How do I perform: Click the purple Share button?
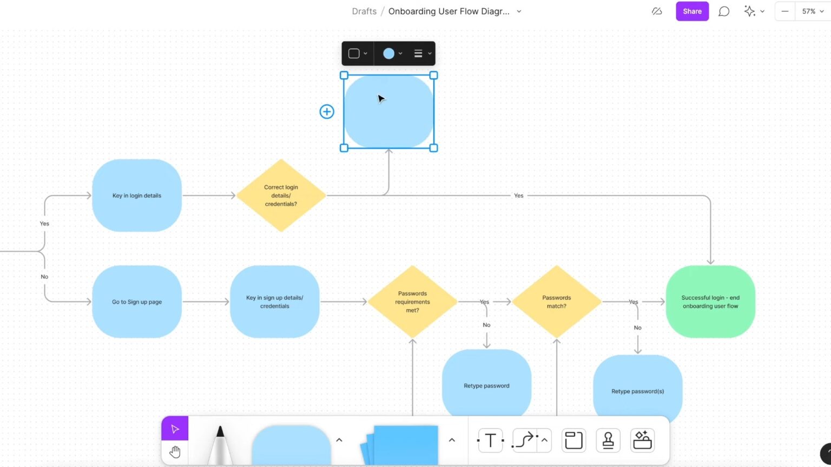(x=692, y=11)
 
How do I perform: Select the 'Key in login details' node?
(x=137, y=196)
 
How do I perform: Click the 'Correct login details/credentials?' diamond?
(x=281, y=196)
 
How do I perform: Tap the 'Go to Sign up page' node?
(x=137, y=302)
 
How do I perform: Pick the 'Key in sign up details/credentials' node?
(x=274, y=302)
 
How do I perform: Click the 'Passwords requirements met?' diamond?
(x=412, y=302)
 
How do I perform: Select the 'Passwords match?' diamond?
(x=556, y=302)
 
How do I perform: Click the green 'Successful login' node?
(x=710, y=302)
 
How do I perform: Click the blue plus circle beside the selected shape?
(x=327, y=112)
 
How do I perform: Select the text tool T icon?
(x=490, y=441)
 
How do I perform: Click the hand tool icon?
(x=175, y=452)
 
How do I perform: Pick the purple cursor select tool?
(x=175, y=429)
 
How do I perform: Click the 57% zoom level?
(x=809, y=11)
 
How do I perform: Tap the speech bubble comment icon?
(x=724, y=11)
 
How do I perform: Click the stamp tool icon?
(x=608, y=441)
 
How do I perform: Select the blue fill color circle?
(x=388, y=54)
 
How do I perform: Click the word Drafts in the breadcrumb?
(x=364, y=11)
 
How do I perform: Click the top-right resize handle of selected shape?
(x=433, y=76)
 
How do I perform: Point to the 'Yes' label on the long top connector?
(x=518, y=196)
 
